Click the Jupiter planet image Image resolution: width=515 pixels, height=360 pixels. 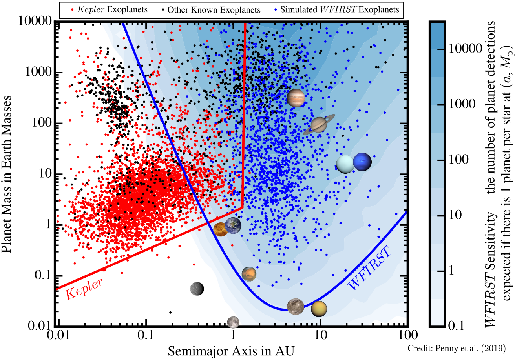pos(296,98)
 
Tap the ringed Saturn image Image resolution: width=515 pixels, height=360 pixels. pos(319,125)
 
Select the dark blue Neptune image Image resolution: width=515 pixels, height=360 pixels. pos(362,162)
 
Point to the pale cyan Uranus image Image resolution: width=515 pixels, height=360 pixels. pos(345,164)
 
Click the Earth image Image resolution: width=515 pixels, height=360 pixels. pos(233,225)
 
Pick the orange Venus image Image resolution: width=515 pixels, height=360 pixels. pos(221,229)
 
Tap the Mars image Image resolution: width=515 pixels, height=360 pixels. pos(249,274)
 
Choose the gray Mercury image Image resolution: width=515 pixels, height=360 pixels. pos(197,289)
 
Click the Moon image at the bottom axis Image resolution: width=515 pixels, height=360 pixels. pos(233,322)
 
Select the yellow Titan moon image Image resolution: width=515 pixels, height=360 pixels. pos(319,309)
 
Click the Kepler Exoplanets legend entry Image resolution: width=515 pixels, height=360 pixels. pos(110,10)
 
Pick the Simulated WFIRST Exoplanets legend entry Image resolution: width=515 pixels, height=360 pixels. pos(336,9)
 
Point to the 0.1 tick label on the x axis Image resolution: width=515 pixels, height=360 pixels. pos(145,335)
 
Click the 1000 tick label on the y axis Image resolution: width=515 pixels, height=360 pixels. pos(38,72)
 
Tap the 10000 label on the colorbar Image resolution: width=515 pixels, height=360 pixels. pos(465,49)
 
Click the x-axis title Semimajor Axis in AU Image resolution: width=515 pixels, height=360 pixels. pos(231,351)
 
